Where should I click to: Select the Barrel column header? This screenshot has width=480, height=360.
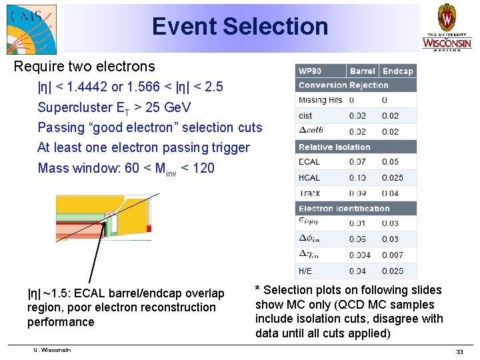[x=363, y=71]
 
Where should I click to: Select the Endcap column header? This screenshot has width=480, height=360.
[x=398, y=71]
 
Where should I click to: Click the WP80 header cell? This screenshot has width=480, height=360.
[x=321, y=71]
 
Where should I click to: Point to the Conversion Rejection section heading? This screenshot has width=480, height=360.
[x=343, y=85]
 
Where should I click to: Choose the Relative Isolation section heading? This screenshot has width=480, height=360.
[x=334, y=147]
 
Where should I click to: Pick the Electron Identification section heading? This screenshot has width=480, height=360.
[x=344, y=209]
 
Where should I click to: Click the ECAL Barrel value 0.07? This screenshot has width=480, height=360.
[x=357, y=162]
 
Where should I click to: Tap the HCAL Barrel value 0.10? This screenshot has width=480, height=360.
[x=357, y=177]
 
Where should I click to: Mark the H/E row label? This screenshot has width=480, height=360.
[x=306, y=271]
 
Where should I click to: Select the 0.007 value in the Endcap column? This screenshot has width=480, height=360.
[x=392, y=255]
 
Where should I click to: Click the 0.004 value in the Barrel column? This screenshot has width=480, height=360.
[x=360, y=255]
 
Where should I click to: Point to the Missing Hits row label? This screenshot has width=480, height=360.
[x=321, y=100]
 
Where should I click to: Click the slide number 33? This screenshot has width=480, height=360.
[x=459, y=351]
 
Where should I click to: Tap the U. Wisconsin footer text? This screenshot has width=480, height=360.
[x=52, y=350]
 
